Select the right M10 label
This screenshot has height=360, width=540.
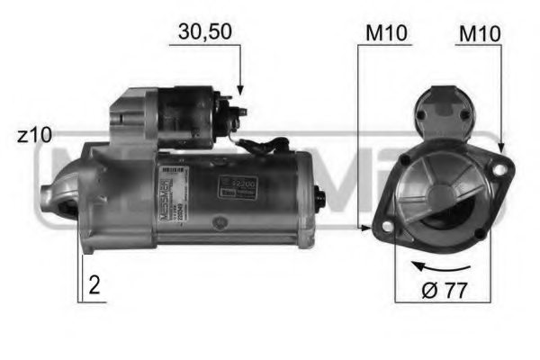click(x=479, y=33)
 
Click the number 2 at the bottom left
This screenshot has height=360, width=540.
click(x=94, y=286)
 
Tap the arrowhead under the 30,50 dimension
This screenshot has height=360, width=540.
click(x=240, y=91)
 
